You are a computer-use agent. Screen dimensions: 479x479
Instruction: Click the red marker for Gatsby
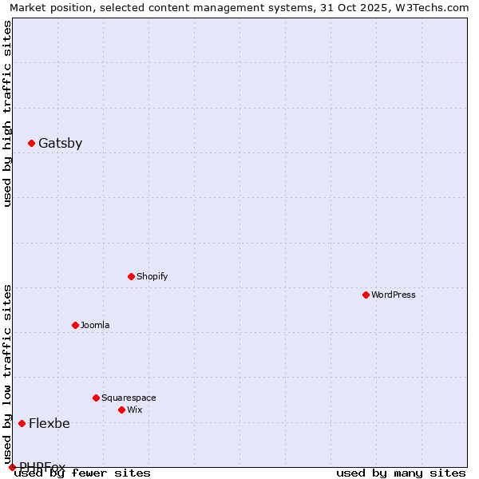(32, 144)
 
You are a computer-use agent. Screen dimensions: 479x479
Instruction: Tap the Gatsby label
(60, 144)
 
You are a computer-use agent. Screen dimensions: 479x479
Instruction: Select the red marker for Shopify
(132, 276)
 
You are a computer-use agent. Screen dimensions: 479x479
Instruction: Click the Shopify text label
(152, 276)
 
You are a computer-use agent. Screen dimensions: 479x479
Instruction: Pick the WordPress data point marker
(366, 295)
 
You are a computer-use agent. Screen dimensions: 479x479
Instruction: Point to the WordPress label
(394, 295)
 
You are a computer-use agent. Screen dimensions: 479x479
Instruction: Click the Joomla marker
(76, 325)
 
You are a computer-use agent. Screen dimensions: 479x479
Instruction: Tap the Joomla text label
(95, 325)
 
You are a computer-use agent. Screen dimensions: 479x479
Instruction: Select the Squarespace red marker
(97, 398)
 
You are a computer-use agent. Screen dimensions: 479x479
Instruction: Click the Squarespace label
(129, 398)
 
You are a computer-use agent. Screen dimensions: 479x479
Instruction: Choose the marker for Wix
(122, 410)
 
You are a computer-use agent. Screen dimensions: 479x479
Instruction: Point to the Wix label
(135, 410)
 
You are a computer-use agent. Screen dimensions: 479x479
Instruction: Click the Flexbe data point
(22, 423)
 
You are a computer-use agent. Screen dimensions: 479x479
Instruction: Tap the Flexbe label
(49, 423)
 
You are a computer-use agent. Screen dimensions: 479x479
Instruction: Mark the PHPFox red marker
(13, 467)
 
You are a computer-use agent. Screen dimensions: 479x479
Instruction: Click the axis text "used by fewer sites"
(82, 473)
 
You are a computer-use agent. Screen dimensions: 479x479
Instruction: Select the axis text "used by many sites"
(401, 473)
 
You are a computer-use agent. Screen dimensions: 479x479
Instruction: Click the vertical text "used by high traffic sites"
(7, 113)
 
